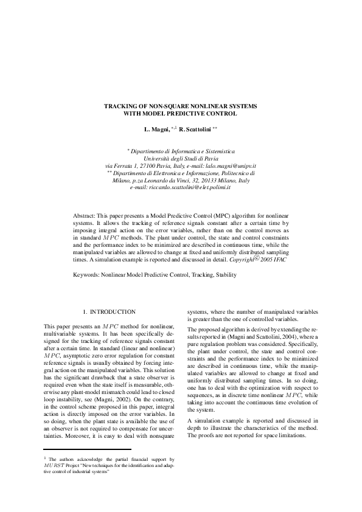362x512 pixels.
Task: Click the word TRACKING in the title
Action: pos(122,106)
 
